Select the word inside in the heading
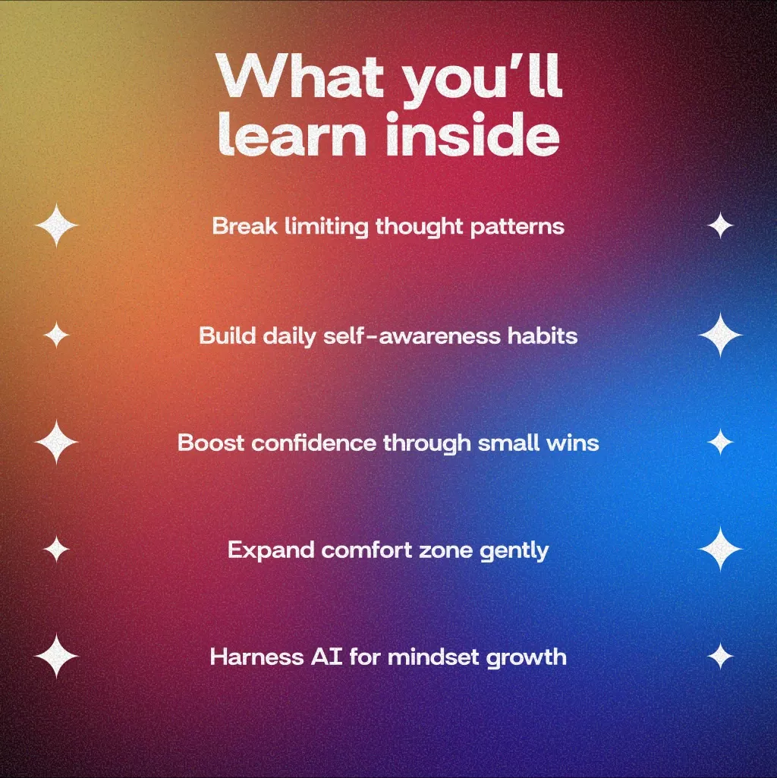(473, 133)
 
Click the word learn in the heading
(292, 133)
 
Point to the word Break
(244, 225)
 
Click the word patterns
(517, 227)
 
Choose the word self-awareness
(412, 335)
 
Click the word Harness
(256, 657)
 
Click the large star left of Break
(56, 225)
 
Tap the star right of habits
(720, 335)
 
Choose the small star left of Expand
(56, 550)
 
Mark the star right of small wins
(720, 442)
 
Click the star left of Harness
(56, 656)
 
